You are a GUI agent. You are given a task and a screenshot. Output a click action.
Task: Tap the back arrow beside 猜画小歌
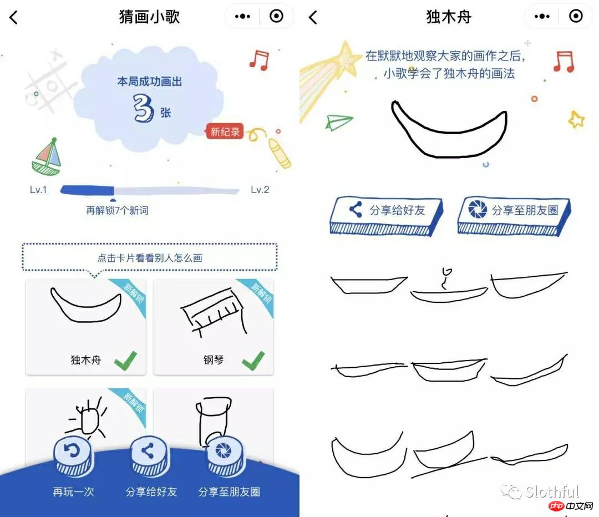14,17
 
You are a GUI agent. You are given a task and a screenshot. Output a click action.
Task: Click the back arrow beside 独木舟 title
313,17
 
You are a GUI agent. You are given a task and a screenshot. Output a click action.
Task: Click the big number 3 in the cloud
143,109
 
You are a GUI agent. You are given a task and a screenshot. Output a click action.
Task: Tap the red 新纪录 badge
225,131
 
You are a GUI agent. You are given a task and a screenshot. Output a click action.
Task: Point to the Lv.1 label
38,190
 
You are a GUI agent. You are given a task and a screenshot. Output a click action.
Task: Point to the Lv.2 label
260,190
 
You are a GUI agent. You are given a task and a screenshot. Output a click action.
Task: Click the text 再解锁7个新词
117,211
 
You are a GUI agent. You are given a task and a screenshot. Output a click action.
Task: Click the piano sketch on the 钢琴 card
214,311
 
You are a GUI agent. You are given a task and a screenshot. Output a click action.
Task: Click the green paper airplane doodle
339,121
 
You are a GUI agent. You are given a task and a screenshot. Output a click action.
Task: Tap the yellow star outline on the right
576,119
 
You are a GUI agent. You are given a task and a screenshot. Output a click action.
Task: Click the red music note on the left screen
259,59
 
